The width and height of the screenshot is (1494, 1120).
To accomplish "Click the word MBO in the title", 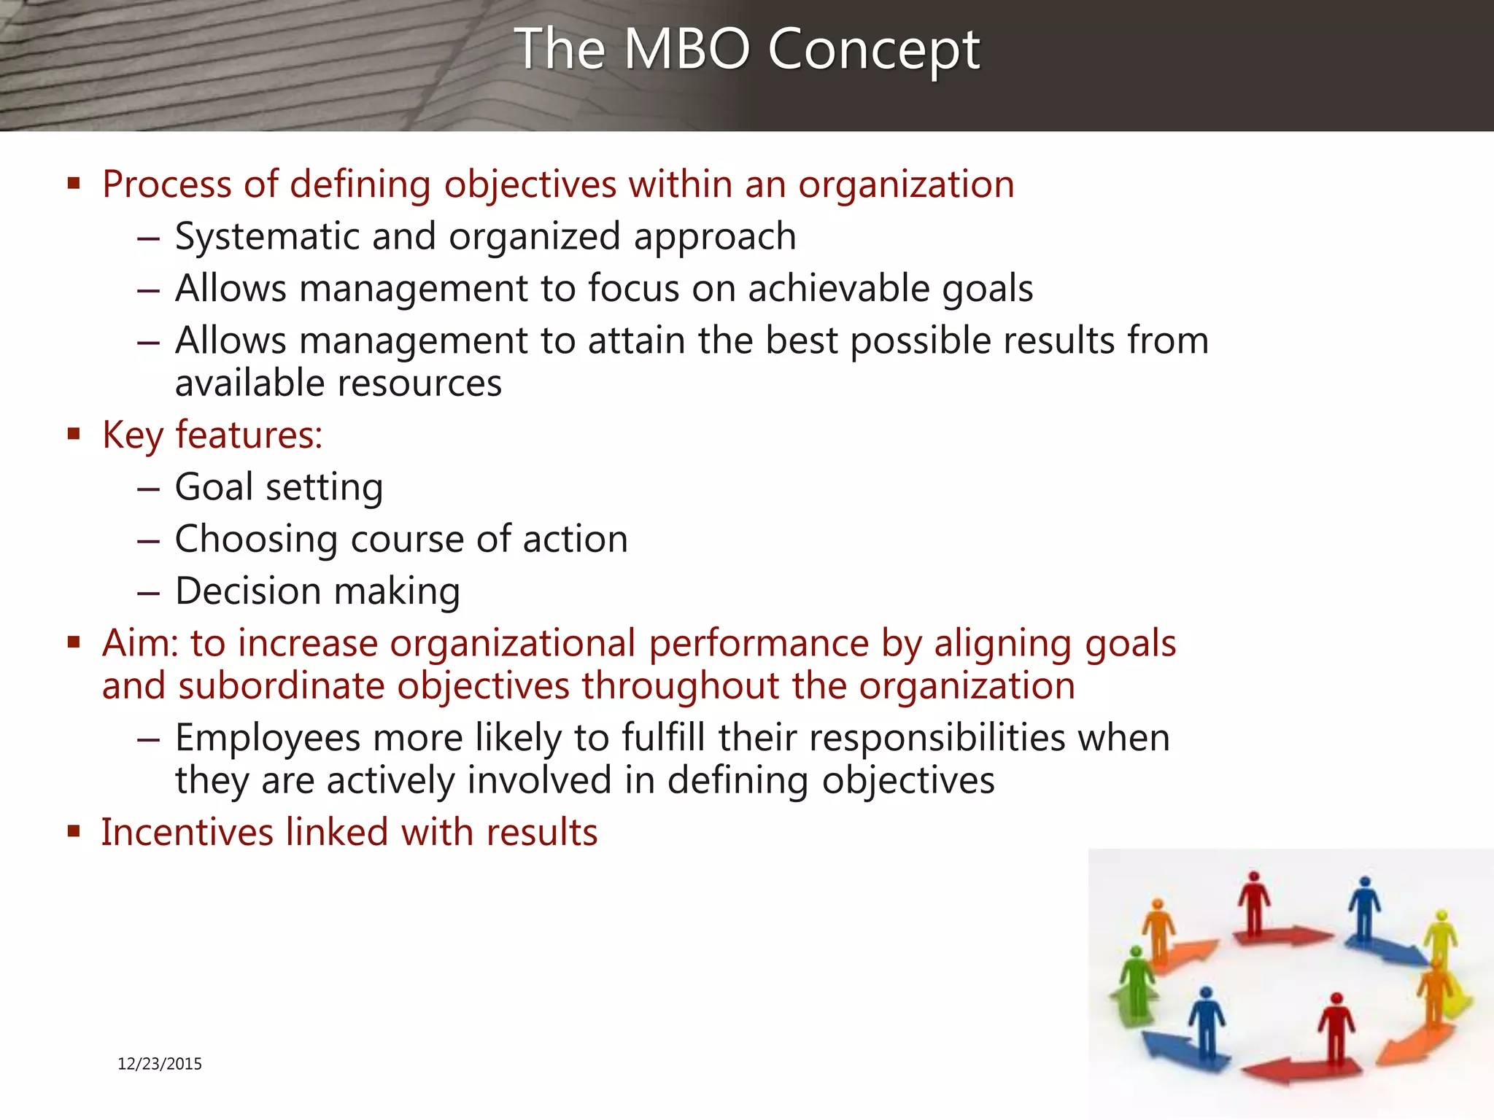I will click(x=687, y=49).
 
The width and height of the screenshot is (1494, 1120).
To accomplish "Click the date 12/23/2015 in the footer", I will click(x=160, y=1064).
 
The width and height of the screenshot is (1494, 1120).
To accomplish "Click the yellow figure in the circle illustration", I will click(x=1440, y=937).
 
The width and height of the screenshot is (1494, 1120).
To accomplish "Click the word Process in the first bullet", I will click(x=167, y=184).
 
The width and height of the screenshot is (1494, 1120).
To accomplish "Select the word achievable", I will click(x=839, y=288).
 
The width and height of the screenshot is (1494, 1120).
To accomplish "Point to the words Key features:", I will click(x=212, y=435).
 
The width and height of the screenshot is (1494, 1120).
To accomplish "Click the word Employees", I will click(x=267, y=738).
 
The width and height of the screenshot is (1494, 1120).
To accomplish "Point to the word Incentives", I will click(x=187, y=832).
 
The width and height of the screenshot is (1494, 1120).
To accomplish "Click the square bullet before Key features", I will click(x=73, y=435).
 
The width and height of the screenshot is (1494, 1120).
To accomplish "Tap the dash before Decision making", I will click(x=148, y=592).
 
